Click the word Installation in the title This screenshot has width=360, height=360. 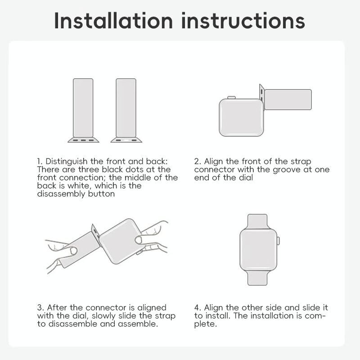[x=113, y=21]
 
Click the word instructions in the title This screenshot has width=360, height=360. [x=243, y=21]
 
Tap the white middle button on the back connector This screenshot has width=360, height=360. [x=126, y=140]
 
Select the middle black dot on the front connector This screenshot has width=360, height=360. [x=83, y=140]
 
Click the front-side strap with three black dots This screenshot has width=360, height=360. [x=83, y=110]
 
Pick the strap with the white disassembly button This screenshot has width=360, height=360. [x=126, y=110]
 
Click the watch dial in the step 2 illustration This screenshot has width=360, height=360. [x=241, y=117]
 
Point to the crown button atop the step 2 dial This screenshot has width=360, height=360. [x=231, y=98]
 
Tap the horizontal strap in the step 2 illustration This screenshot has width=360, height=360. [x=288, y=99]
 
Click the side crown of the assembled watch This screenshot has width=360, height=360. [x=278, y=241]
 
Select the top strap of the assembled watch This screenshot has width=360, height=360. [x=257, y=221]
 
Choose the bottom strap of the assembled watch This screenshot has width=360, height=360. [x=257, y=278]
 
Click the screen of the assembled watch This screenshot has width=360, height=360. [x=258, y=250]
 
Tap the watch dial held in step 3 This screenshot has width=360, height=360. [x=122, y=241]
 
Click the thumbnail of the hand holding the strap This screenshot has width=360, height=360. [x=73, y=251]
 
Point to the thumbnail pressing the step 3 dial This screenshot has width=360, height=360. [x=139, y=240]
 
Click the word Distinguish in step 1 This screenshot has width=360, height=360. [x=66, y=162]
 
